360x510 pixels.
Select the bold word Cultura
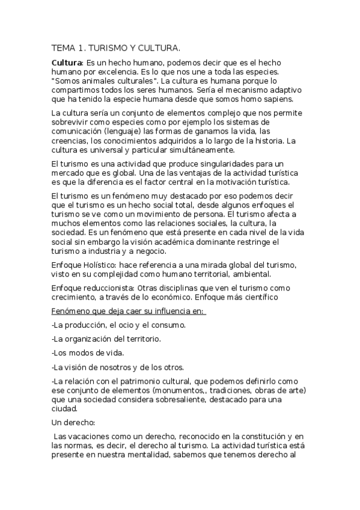pyautogui.click(x=66, y=63)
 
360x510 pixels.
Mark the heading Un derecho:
pyautogui.click(x=72, y=422)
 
